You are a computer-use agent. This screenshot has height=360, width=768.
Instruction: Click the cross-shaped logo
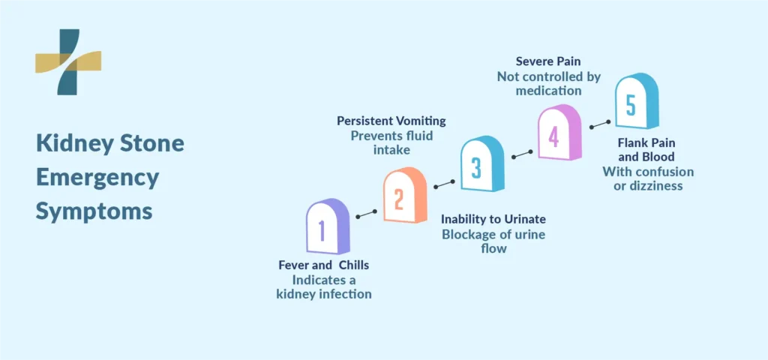(68, 61)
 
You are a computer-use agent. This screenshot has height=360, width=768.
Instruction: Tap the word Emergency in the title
(97, 178)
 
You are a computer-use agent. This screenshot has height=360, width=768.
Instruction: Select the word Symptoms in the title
(94, 212)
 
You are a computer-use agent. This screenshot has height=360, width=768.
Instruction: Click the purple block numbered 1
(328, 226)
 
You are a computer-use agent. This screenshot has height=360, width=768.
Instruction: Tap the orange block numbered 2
(405, 195)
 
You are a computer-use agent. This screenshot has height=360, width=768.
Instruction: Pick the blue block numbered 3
(482, 163)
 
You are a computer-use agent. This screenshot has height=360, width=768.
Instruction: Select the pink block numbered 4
(559, 132)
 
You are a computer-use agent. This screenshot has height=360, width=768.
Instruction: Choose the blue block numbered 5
(637, 101)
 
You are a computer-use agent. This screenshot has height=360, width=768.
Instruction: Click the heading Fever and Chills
(324, 265)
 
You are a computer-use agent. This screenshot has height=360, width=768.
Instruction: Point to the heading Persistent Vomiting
(391, 121)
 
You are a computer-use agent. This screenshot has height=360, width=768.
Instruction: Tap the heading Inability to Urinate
(493, 219)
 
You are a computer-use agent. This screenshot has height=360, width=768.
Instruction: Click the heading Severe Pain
(548, 62)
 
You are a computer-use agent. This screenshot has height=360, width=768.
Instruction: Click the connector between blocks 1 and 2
(366, 214)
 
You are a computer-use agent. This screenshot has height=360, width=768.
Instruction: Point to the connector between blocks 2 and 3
(444, 184)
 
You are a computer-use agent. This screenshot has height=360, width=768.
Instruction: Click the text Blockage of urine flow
(493, 241)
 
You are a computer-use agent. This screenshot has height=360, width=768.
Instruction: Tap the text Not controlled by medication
(548, 84)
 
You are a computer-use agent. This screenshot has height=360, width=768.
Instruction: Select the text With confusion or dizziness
(648, 178)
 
